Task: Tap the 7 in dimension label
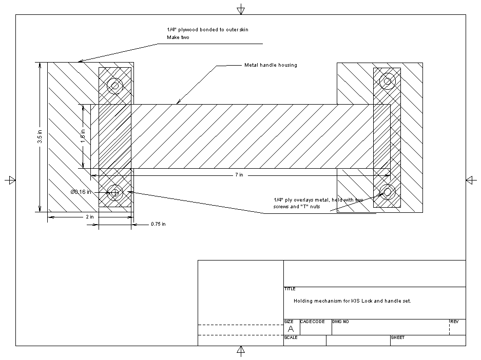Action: tap(239, 175)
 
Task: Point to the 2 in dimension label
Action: tap(90, 217)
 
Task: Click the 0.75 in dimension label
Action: tap(158, 224)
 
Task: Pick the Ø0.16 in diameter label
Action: tap(81, 192)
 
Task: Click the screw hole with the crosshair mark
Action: tap(115, 192)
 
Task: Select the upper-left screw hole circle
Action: tap(114, 86)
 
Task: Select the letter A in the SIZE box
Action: tap(291, 329)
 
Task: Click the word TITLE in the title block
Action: tap(290, 289)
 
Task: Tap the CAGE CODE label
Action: tap(312, 322)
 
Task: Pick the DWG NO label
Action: tap(340, 322)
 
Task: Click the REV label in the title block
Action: tap(454, 322)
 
